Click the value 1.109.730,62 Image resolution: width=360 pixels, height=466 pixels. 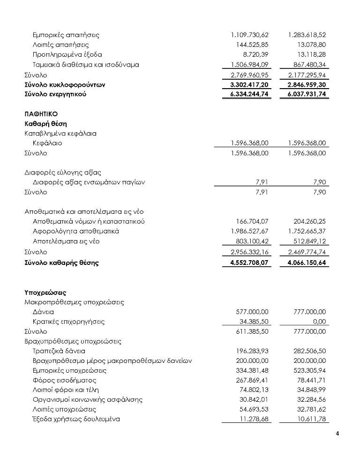pos(249,35)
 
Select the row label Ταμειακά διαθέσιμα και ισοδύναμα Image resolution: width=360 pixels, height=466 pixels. pos(86,65)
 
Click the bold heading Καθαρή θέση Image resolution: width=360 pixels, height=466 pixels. pos(45,124)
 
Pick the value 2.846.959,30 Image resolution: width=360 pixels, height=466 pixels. pos(307,85)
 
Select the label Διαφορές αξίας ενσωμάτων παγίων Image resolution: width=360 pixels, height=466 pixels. pos(89,182)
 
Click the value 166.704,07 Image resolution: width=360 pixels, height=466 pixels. pos(252,221)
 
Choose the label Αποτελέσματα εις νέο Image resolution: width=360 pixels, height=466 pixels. pos(66,241)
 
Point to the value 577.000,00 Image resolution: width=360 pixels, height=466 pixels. pos(252,312)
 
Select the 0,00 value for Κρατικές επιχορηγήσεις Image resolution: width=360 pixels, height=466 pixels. pos(319,322)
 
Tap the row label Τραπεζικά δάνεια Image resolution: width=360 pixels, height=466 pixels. pos(59,351)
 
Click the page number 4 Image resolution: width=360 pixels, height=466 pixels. pos(337,433)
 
